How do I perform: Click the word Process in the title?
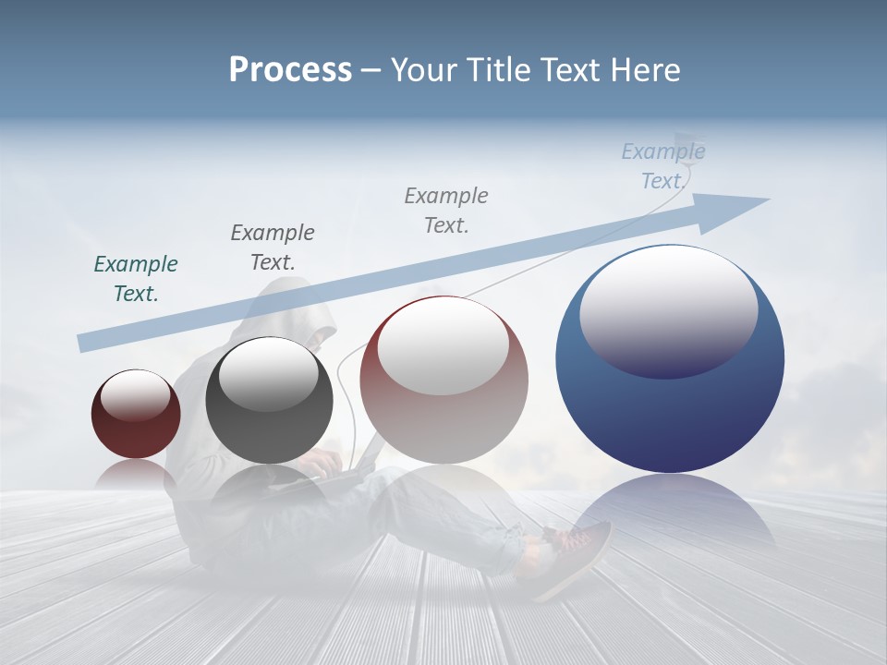tap(290, 70)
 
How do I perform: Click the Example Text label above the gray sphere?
tap(273, 247)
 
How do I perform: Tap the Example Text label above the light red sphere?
tap(446, 210)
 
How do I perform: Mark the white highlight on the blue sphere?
tap(668, 309)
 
